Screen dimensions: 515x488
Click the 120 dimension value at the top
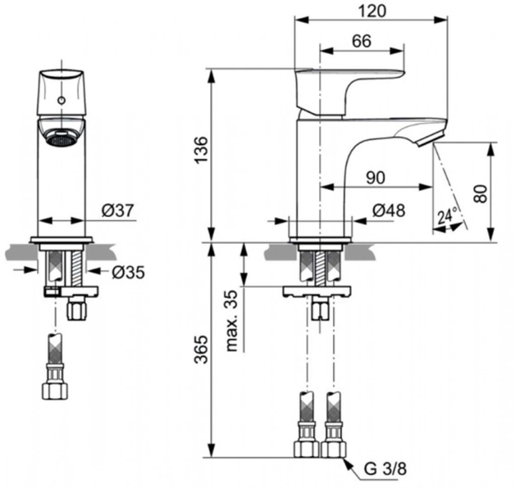[372, 11]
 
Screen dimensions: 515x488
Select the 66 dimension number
[362, 41]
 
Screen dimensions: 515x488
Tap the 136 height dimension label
[202, 150]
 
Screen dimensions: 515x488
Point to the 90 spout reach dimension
[375, 178]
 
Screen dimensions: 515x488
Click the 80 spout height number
[481, 193]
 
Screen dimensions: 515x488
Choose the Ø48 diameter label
[389, 210]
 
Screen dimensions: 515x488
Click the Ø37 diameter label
[118, 210]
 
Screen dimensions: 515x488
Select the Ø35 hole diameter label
[128, 272]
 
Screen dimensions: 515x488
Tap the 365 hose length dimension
[202, 349]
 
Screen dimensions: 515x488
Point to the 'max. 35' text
[232, 321]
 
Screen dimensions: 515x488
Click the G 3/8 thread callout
[385, 469]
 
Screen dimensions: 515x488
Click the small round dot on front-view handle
[61, 100]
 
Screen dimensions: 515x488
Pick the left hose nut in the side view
[306, 449]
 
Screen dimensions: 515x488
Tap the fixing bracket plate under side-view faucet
[317, 291]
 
